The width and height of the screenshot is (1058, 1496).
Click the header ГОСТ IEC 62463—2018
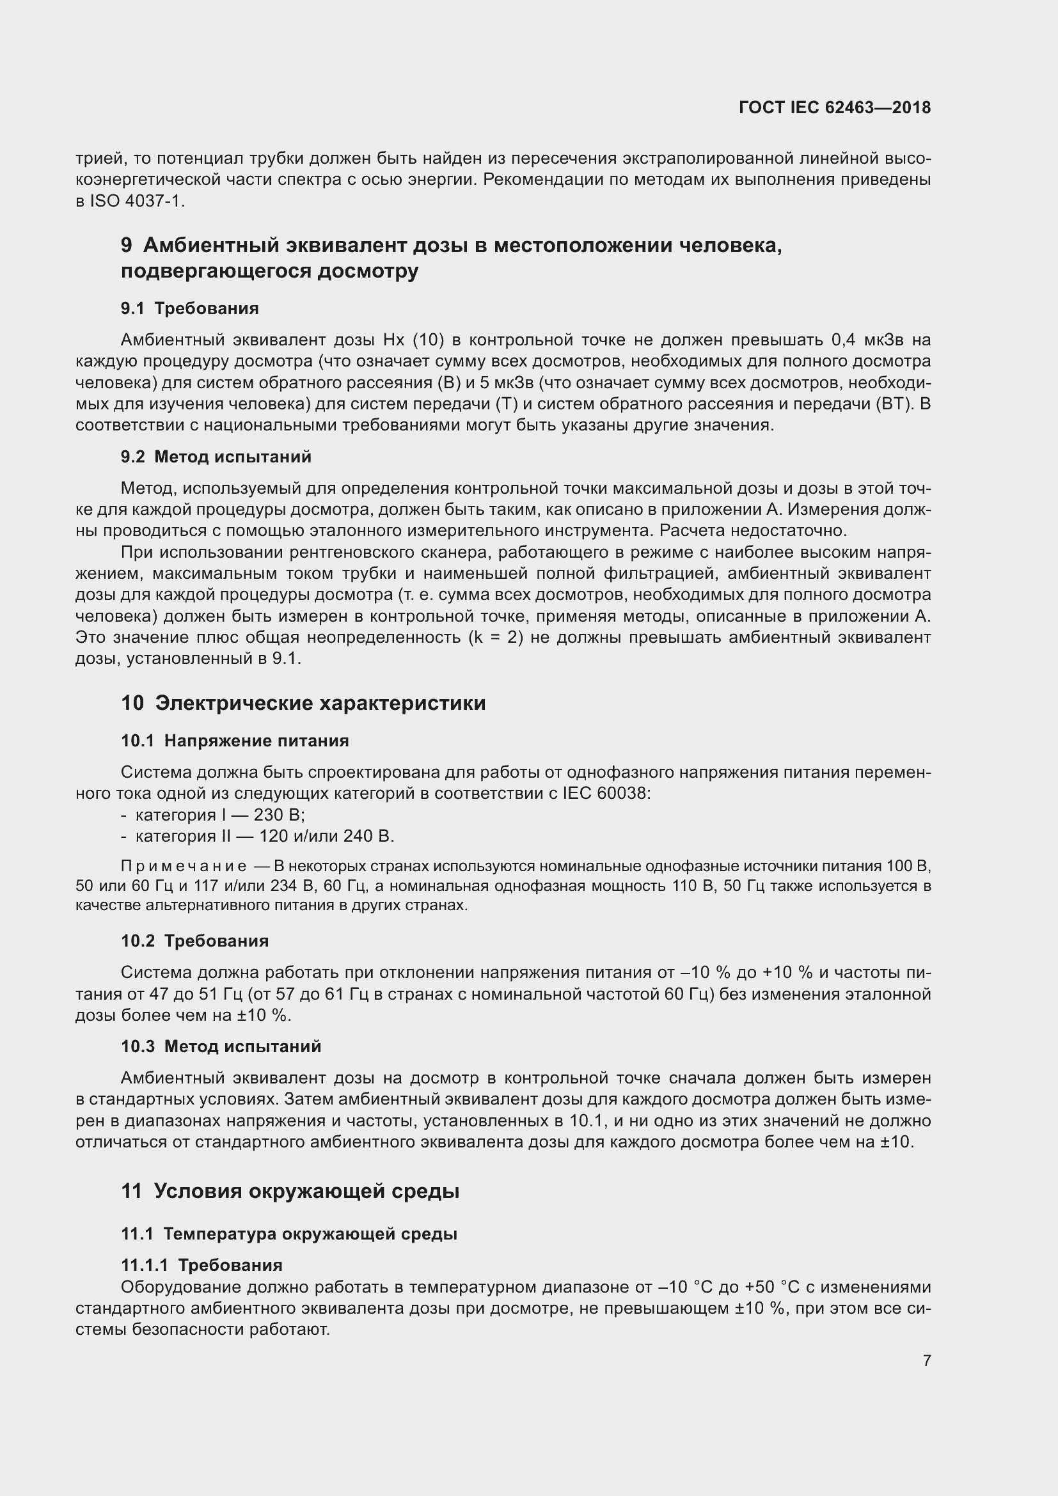pos(835,107)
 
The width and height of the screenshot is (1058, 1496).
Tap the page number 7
pos(926,1360)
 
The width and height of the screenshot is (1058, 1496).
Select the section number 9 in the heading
pos(127,246)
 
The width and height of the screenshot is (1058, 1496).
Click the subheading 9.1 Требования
pos(189,308)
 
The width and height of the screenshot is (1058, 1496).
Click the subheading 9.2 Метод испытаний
pos(216,457)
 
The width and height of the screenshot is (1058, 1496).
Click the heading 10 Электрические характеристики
pos(303,703)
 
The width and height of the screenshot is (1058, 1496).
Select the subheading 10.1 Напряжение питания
pos(235,741)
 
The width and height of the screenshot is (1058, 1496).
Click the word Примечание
pos(184,866)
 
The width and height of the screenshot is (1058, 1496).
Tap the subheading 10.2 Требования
pos(194,941)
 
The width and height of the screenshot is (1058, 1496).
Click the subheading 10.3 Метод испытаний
pos(221,1046)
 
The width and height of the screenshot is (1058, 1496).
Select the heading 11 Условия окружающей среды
pos(290,1191)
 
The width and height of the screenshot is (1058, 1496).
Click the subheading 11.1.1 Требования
pos(201,1264)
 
